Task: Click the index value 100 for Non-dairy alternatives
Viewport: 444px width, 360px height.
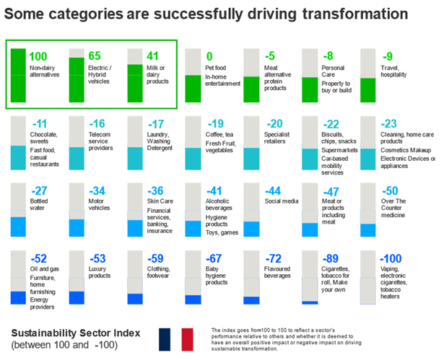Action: click(x=39, y=56)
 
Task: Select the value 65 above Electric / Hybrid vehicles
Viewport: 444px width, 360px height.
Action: click(x=95, y=56)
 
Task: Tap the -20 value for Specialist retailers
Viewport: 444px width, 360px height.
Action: click(x=274, y=123)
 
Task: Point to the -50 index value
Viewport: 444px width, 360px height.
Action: click(x=391, y=190)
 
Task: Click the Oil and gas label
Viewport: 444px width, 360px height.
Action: click(x=44, y=270)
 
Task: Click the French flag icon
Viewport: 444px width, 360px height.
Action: click(x=176, y=339)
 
